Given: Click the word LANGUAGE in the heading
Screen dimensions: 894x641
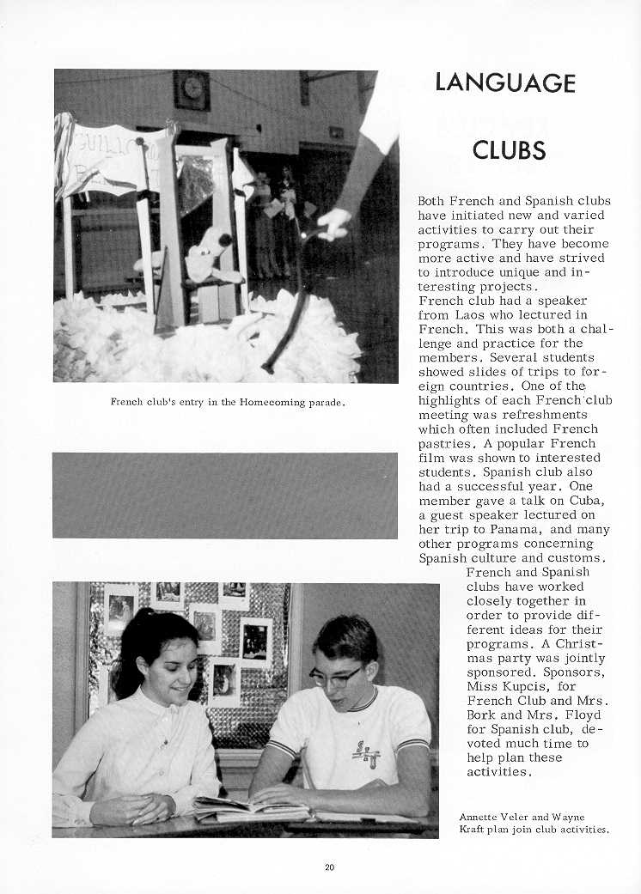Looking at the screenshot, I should [x=504, y=82].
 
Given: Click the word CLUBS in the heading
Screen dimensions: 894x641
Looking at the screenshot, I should [x=509, y=150].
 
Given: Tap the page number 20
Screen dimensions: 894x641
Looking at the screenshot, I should [x=330, y=867].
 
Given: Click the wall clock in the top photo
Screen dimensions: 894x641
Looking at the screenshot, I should [x=192, y=88].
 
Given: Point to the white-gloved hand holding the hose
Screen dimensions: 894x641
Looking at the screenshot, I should [x=333, y=222].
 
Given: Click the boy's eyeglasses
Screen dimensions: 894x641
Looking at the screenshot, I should [x=334, y=676].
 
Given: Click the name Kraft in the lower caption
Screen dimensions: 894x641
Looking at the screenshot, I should [x=475, y=830].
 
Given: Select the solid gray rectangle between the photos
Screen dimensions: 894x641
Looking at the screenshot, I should [x=224, y=495].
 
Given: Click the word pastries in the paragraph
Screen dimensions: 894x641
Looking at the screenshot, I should [x=444, y=443].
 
